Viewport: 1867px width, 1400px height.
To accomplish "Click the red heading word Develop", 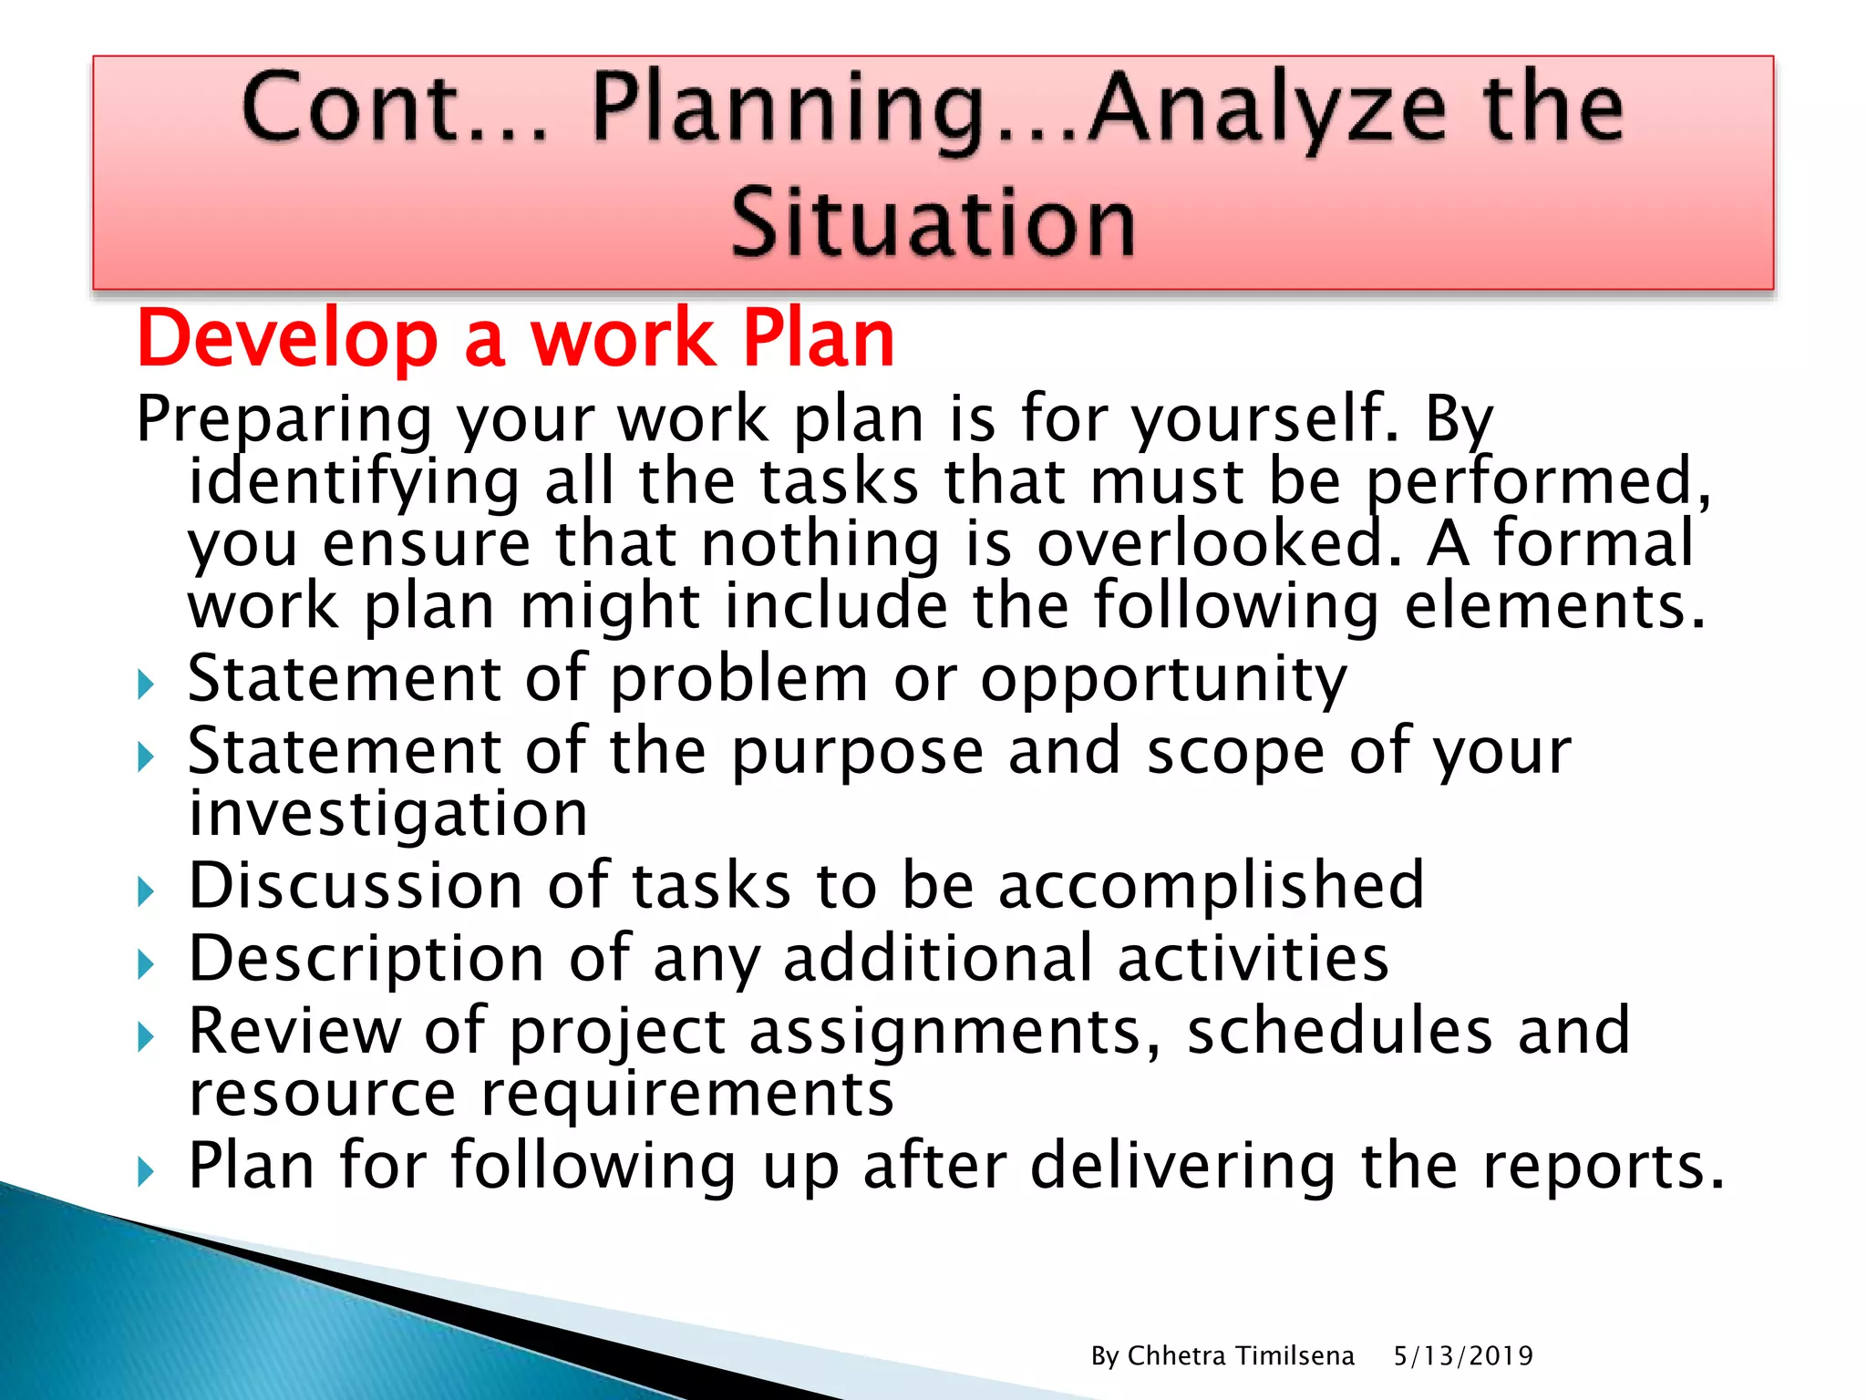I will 288,339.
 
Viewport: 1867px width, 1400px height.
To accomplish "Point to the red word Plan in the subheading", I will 818,339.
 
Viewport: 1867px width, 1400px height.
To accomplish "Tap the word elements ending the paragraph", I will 1553,606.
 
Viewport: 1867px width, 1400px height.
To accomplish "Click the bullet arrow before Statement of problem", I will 147,684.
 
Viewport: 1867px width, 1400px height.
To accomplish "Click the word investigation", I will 388,813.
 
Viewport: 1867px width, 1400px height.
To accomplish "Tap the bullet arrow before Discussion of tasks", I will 147,890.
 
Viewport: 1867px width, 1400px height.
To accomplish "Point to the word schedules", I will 1339,1031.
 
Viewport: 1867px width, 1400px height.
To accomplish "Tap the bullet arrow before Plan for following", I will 147,1170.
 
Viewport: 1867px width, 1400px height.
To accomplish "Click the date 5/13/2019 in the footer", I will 1463,1356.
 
